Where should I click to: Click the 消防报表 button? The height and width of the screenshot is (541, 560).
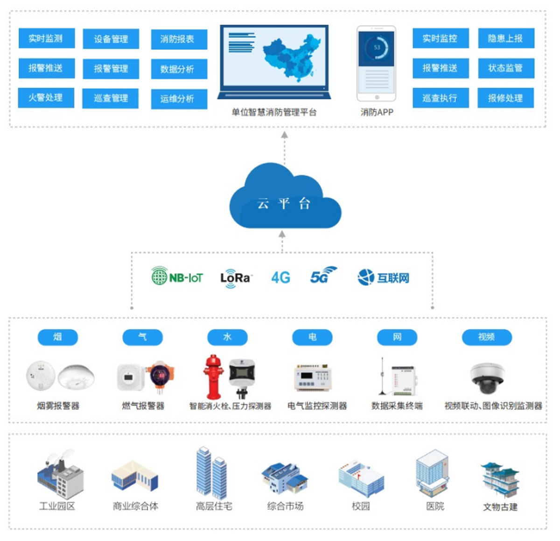179,39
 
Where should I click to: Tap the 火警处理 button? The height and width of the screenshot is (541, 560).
46,98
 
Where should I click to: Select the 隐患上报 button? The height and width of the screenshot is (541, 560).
506,38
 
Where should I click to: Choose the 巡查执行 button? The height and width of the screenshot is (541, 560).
440,98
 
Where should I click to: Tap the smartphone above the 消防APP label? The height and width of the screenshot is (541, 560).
376,64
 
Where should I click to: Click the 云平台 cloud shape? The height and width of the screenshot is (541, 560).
284,199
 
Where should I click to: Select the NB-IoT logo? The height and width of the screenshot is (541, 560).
177,277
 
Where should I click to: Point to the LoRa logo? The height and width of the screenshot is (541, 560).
235,278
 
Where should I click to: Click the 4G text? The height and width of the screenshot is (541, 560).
280,278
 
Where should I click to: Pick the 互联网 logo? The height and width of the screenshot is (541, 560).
383,278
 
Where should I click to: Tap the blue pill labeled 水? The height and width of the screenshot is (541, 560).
227,337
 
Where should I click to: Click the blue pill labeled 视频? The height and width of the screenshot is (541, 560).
486,337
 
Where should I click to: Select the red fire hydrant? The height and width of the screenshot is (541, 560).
213,377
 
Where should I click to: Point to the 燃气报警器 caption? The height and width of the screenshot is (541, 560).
143,406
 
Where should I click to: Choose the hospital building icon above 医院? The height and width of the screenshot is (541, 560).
432,473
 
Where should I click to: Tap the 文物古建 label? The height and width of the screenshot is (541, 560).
500,507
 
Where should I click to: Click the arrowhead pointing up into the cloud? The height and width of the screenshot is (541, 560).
282,234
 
